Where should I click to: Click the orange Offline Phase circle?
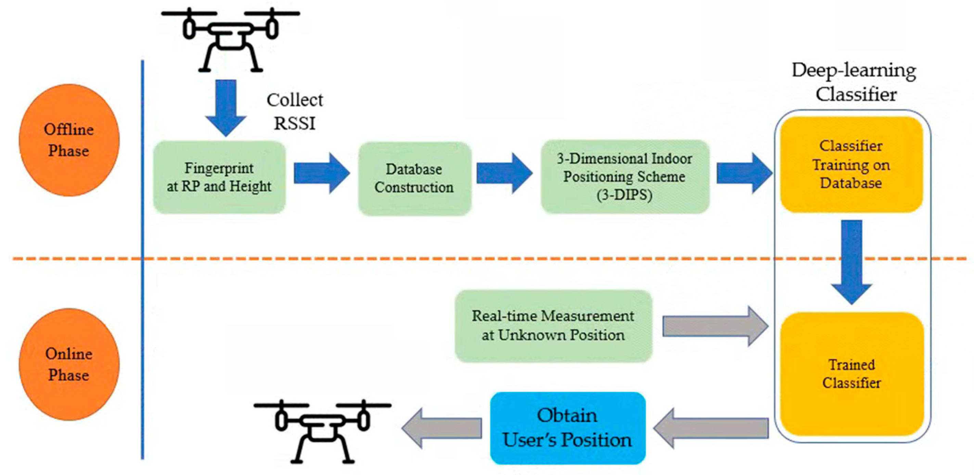click(69, 140)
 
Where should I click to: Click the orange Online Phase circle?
click(69, 364)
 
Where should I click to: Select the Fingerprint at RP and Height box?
click(219, 177)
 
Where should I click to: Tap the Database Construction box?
click(414, 178)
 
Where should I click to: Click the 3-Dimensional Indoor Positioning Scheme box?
click(625, 177)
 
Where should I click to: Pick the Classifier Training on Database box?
click(851, 165)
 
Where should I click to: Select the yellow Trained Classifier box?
click(851, 374)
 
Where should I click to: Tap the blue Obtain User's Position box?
click(567, 428)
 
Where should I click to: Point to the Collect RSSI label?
click(295, 112)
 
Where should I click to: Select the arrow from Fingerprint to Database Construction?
click(321, 173)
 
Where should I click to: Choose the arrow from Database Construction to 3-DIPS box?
click(504, 173)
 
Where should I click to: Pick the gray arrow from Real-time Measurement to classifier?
click(715, 326)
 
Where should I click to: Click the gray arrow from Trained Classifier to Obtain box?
click(711, 428)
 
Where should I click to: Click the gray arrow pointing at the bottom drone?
click(441, 428)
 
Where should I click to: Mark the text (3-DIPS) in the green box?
click(624, 195)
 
